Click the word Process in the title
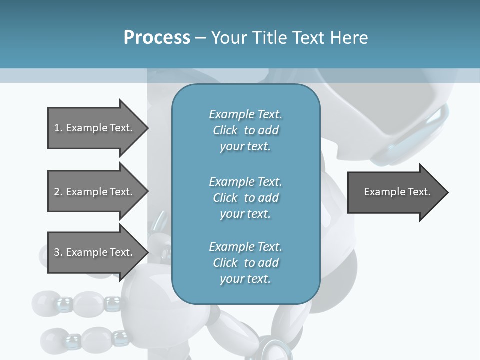pos(157,37)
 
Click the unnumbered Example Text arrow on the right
pos(397,192)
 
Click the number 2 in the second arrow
pos(57,192)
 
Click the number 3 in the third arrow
pos(57,252)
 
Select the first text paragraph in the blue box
pos(245,130)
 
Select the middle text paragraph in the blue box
pos(245,197)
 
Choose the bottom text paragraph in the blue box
pos(245,263)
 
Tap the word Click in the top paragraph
pos(225,130)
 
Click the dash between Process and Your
pos(201,38)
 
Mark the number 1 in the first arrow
pos(57,128)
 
